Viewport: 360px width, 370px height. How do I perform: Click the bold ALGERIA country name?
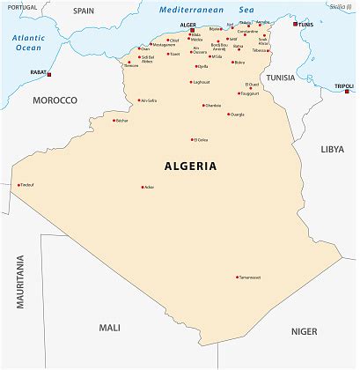point(190,166)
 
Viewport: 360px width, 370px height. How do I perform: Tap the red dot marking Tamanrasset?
point(237,277)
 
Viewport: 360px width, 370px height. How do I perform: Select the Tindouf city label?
point(27,185)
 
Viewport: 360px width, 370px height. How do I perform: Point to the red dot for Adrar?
point(143,187)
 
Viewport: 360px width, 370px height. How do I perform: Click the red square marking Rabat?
point(49,74)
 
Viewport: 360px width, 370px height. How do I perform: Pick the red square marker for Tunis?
point(296,24)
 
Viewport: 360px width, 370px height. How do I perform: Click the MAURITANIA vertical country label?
point(19,281)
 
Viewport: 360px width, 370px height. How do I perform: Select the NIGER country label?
point(304,331)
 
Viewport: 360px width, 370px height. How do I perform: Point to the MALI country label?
point(109,327)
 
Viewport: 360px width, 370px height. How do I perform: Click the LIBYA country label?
point(332,149)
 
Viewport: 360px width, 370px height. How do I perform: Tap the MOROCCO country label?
point(55,100)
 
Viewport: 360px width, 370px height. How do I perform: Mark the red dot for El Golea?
point(193,139)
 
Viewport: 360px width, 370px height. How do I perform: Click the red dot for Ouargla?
point(228,114)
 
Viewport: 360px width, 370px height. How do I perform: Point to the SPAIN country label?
point(84,11)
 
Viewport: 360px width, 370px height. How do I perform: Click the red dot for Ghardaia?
point(202,105)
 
